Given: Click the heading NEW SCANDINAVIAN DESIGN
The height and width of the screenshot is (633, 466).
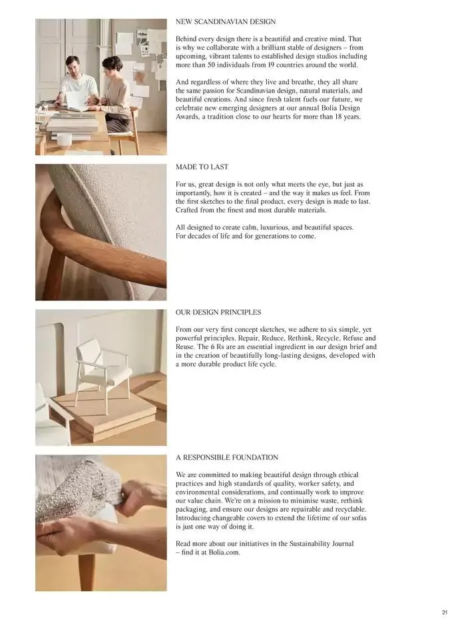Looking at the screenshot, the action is point(226,22).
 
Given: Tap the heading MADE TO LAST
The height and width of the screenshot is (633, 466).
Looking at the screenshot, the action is point(202,167).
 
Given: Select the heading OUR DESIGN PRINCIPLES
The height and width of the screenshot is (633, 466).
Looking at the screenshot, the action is point(218,312).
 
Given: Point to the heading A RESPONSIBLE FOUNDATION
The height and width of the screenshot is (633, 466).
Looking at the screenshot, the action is point(227,457).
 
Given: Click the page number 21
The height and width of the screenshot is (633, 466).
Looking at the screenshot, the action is point(445,612).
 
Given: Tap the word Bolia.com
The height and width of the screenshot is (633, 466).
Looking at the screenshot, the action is point(224,552).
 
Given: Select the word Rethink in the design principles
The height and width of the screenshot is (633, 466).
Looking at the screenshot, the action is point(300,338).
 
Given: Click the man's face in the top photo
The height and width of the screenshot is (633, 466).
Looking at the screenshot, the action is point(73,65).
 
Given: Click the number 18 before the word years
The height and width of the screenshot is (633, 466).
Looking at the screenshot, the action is point(338,117).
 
